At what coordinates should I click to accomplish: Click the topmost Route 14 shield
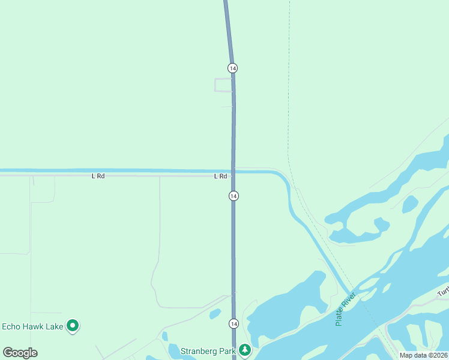pyautogui.click(x=232, y=68)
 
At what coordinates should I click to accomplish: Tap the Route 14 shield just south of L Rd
pyautogui.click(x=234, y=196)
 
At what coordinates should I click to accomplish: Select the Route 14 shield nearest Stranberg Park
pyautogui.click(x=234, y=323)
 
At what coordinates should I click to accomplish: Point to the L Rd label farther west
pyautogui.click(x=98, y=176)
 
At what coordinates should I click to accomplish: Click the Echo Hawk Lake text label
pyautogui.click(x=32, y=326)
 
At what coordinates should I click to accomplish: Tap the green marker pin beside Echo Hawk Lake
pyautogui.click(x=73, y=326)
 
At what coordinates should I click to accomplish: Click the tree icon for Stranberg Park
pyautogui.click(x=244, y=349)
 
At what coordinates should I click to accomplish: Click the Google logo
pyautogui.click(x=20, y=352)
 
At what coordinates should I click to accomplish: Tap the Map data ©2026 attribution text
pyautogui.click(x=424, y=355)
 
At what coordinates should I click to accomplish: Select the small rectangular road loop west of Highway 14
pyautogui.click(x=223, y=85)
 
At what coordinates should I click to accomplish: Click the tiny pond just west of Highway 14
pyautogui.click(x=215, y=314)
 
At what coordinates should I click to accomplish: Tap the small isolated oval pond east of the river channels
pyautogui.click(x=410, y=205)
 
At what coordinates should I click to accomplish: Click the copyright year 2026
pyautogui.click(x=439, y=355)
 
